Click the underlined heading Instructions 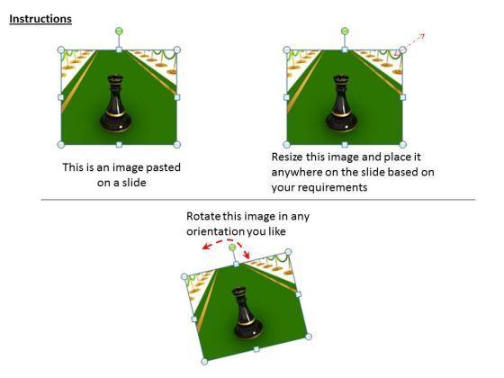40,19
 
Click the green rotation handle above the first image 119,31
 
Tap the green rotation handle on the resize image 345,31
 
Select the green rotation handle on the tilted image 232,247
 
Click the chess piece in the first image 116,103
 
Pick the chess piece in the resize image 341,103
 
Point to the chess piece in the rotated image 247,313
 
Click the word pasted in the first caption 163,167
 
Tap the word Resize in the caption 287,157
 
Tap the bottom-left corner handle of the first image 61,145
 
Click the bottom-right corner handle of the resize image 403,145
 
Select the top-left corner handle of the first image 61,49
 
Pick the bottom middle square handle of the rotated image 256,349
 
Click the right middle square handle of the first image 177,97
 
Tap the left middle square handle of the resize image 286,97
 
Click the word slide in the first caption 134,183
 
